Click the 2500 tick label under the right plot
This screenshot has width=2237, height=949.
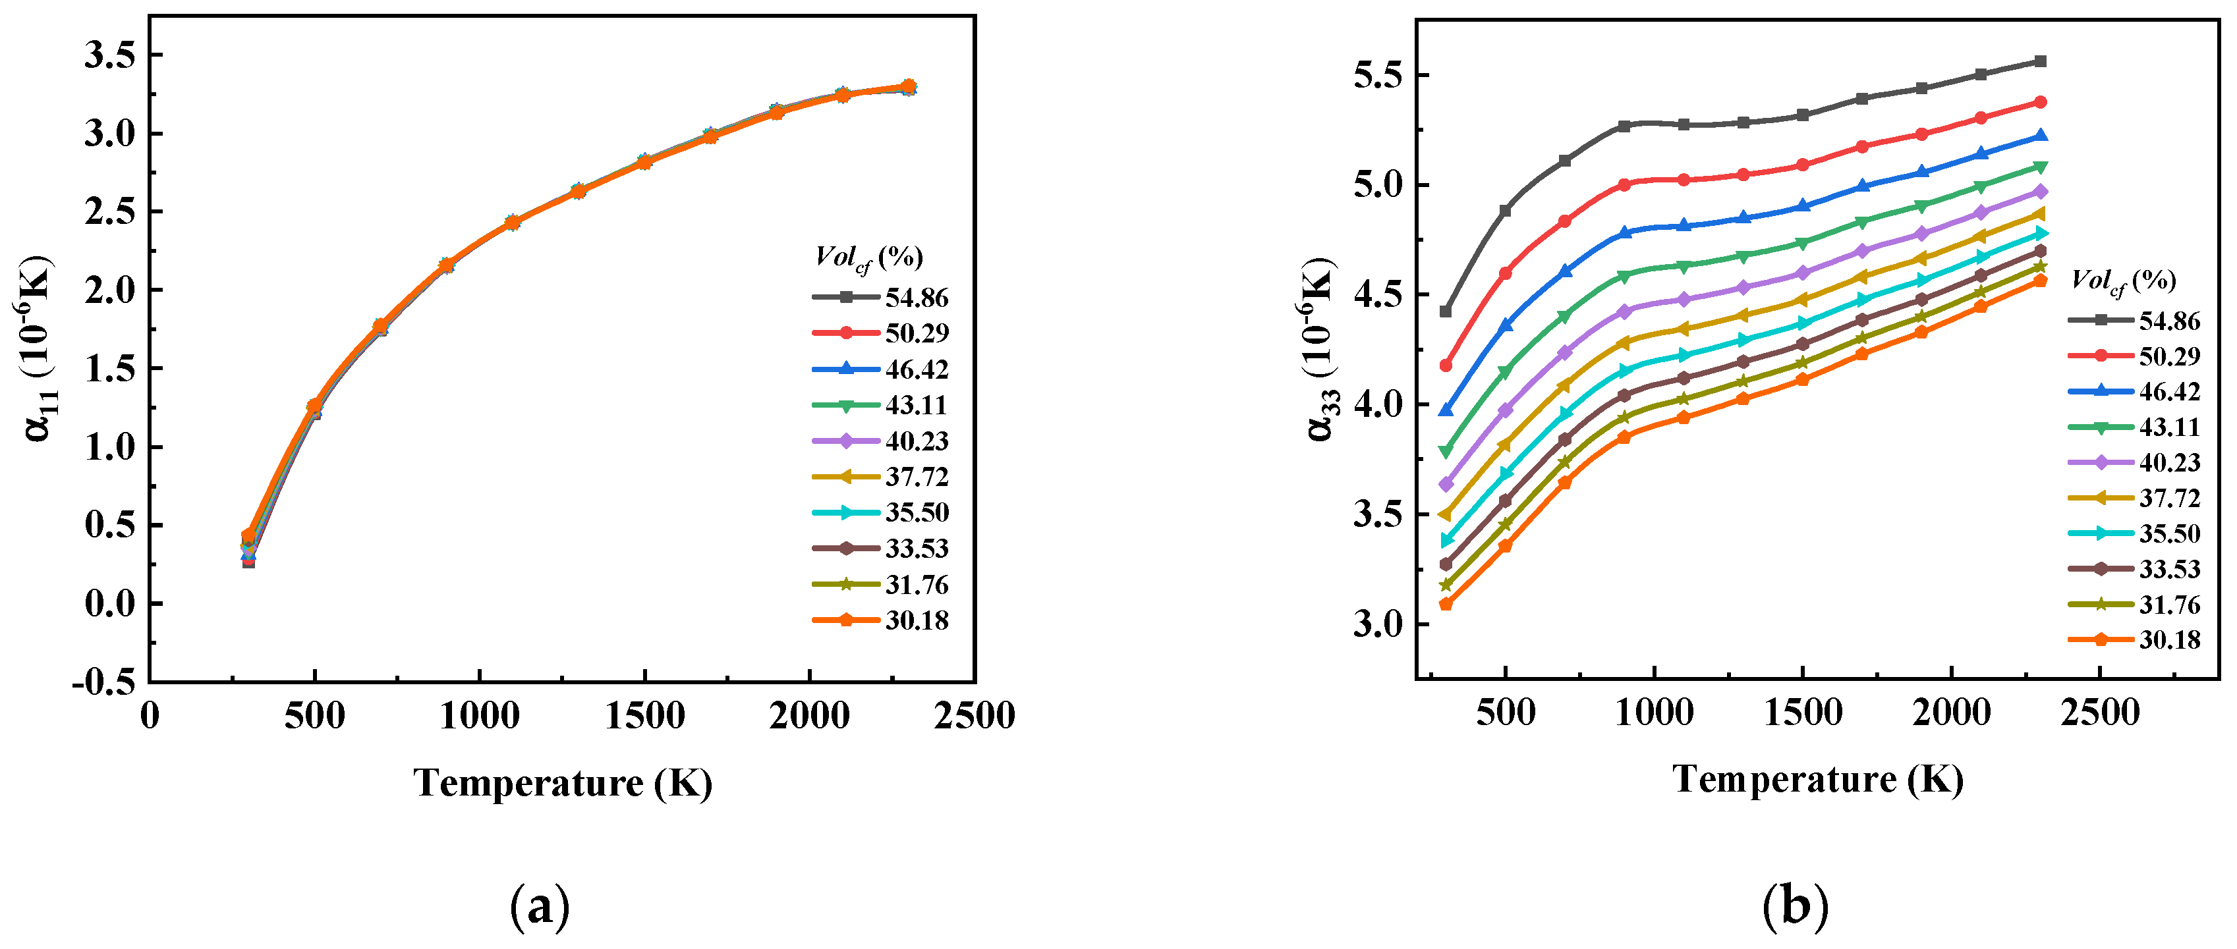point(2100,713)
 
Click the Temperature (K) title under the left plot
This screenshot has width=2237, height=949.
point(563,782)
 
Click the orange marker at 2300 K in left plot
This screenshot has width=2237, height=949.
point(909,87)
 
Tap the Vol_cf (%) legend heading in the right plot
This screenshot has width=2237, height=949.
point(2122,280)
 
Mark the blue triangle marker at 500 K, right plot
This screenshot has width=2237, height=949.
point(1506,325)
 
